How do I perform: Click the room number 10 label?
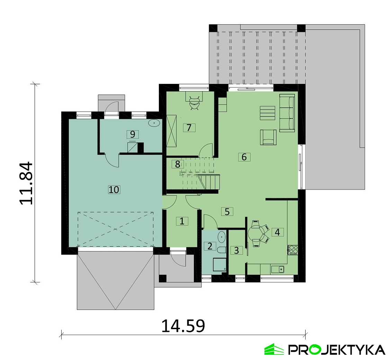point(114,190)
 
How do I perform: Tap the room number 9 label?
point(133,134)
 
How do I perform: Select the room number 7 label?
point(189,128)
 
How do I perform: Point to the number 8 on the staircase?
point(178,164)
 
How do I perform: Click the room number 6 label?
point(244,157)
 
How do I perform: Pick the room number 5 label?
point(227,211)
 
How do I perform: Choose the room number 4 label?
point(277,232)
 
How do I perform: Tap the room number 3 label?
point(236,250)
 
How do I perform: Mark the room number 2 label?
point(210,246)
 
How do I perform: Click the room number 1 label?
point(182,221)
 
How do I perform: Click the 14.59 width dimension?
point(183,326)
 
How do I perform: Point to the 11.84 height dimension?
point(26,183)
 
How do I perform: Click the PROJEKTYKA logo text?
point(337,350)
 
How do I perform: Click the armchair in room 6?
point(268,137)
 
